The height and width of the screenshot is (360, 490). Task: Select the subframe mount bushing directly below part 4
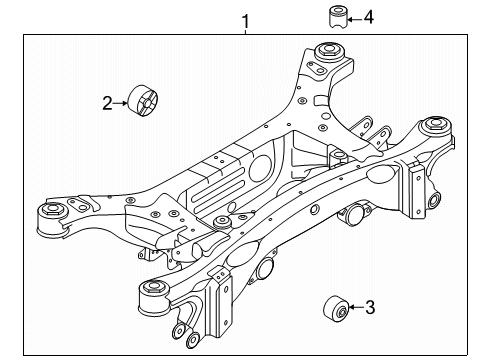point(327,52)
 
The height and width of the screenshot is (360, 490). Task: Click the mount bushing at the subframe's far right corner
point(435,127)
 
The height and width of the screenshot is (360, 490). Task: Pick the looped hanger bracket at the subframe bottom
point(184,335)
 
